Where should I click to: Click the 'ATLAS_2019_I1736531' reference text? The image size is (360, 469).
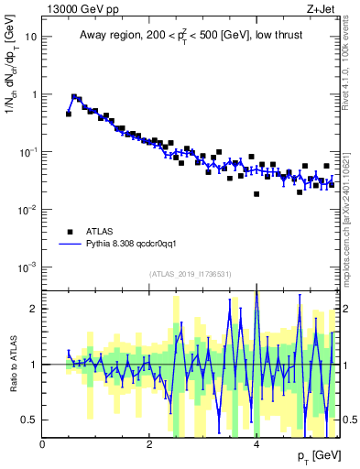pos(190,274)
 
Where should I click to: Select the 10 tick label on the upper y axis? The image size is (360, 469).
pos(32,38)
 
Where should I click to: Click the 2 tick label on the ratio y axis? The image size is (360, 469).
pos(35,309)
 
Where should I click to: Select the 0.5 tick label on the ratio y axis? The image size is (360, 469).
pos(31,420)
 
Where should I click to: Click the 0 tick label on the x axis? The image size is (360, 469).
pos(43,443)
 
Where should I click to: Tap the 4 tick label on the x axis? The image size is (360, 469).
pos(256,443)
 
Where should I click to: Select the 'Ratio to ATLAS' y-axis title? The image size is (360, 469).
pos(12,363)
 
